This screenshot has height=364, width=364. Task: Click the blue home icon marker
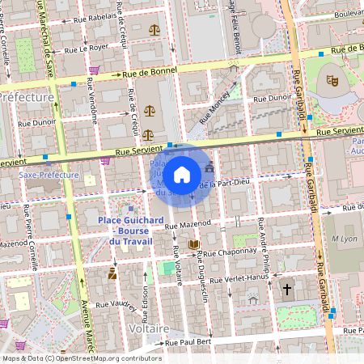point(182,174)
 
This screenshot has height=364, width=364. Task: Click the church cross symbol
point(286,288)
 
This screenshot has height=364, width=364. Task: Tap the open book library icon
point(193,244)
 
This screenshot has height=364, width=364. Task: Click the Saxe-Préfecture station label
point(49,174)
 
